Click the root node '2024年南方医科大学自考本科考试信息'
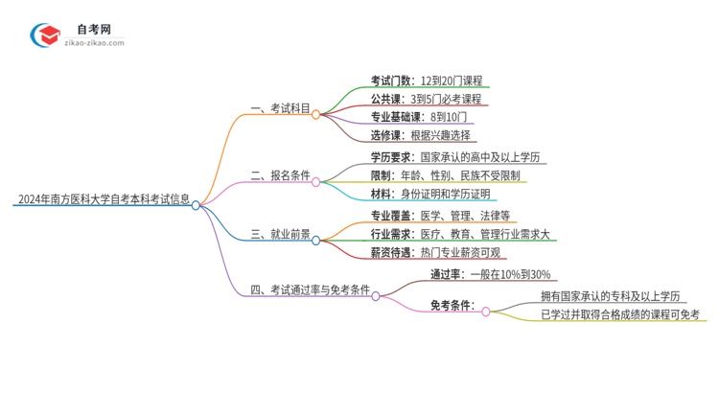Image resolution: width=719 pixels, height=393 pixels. (104, 200)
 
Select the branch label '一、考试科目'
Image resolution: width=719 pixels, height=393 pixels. (280, 108)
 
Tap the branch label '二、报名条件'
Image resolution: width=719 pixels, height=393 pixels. (280, 175)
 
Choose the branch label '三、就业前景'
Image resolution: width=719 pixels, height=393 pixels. (280, 233)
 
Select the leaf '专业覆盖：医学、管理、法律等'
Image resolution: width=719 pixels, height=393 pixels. (440, 215)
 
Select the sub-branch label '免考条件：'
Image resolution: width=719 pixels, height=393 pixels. (452, 306)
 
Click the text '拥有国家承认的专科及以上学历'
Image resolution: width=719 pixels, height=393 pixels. (609, 297)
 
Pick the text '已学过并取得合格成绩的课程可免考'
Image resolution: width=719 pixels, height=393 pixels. (620, 314)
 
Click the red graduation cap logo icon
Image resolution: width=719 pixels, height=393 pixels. (45, 35)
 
